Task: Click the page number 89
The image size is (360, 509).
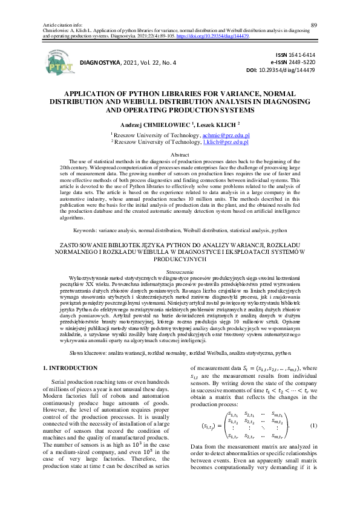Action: (313, 24)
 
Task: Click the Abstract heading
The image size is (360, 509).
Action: (180, 155)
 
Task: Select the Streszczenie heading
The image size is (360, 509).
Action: (180, 272)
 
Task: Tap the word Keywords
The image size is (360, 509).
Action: (86, 230)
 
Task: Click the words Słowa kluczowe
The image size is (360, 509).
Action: (64, 352)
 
